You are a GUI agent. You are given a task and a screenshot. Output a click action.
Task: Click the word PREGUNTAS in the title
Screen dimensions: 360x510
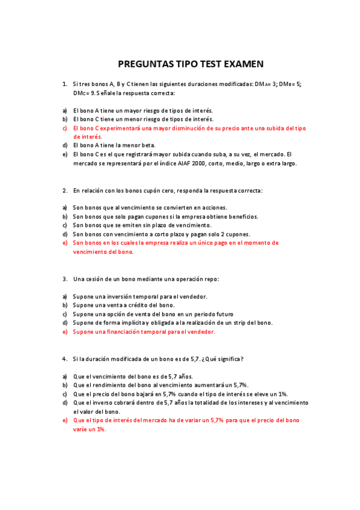[x=142, y=64]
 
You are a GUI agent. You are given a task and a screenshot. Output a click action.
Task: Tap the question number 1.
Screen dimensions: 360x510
[x=64, y=84]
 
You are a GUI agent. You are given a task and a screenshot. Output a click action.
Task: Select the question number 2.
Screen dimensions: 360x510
[x=64, y=191]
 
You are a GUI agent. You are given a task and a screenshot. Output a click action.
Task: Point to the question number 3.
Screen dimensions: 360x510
[x=64, y=279]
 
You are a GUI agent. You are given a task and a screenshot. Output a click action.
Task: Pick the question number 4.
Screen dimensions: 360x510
[x=64, y=359]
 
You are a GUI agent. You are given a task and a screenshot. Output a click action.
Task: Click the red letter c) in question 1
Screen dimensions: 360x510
[x=64, y=128]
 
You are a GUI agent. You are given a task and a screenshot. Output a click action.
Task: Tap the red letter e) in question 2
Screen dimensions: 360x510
[x=64, y=243]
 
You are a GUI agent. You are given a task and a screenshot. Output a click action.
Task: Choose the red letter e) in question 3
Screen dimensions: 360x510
[x=64, y=331]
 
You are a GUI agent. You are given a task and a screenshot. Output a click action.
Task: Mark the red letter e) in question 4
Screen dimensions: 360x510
[x=64, y=420]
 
